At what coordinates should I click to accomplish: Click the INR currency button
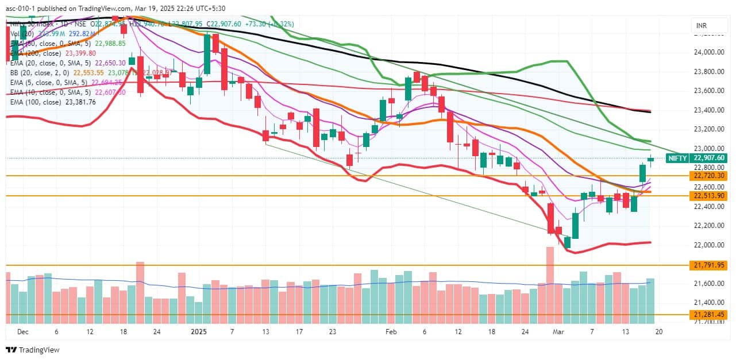(x=701, y=26)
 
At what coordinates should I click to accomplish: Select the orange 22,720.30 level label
(x=710, y=176)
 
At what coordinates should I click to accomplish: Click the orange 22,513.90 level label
(x=710, y=196)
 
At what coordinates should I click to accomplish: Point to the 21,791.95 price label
(x=710, y=265)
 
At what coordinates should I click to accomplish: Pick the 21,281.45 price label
(x=710, y=315)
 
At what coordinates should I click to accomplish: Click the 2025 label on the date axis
(x=198, y=332)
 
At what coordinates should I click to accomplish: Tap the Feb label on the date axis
(x=391, y=332)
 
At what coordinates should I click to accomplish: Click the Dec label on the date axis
(x=22, y=332)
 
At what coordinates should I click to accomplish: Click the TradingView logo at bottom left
(x=33, y=350)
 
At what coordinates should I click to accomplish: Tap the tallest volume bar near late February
(x=550, y=284)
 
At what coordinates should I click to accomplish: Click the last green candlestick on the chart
(x=650, y=159)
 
